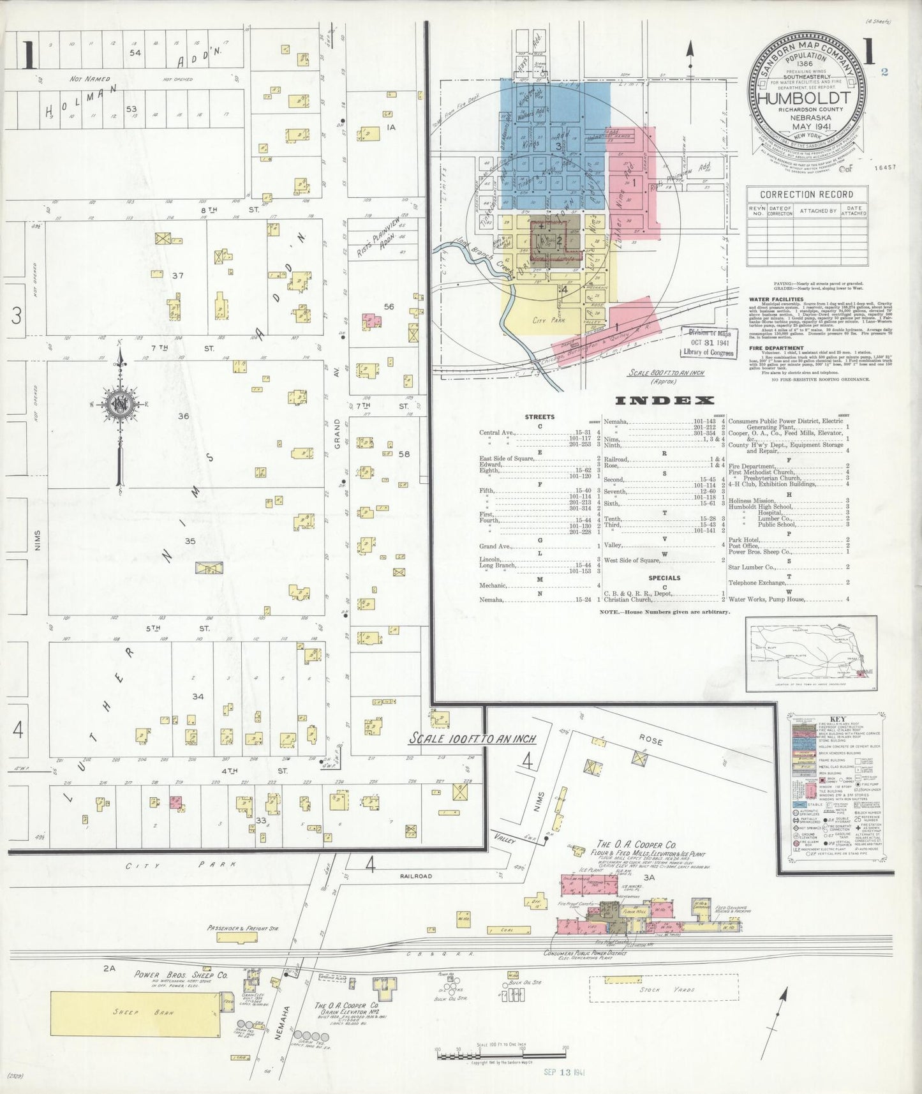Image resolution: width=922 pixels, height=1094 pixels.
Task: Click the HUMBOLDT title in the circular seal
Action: tap(804, 99)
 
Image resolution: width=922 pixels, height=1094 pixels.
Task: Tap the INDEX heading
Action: tap(664, 401)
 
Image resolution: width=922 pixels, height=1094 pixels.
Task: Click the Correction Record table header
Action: tap(807, 194)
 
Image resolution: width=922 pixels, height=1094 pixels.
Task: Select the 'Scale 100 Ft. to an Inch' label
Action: tap(472, 738)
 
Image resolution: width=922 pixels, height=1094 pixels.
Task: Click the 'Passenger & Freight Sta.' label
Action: tap(242, 929)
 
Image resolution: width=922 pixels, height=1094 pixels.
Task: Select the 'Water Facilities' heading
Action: tap(776, 298)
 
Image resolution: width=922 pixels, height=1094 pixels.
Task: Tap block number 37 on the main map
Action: tap(177, 276)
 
